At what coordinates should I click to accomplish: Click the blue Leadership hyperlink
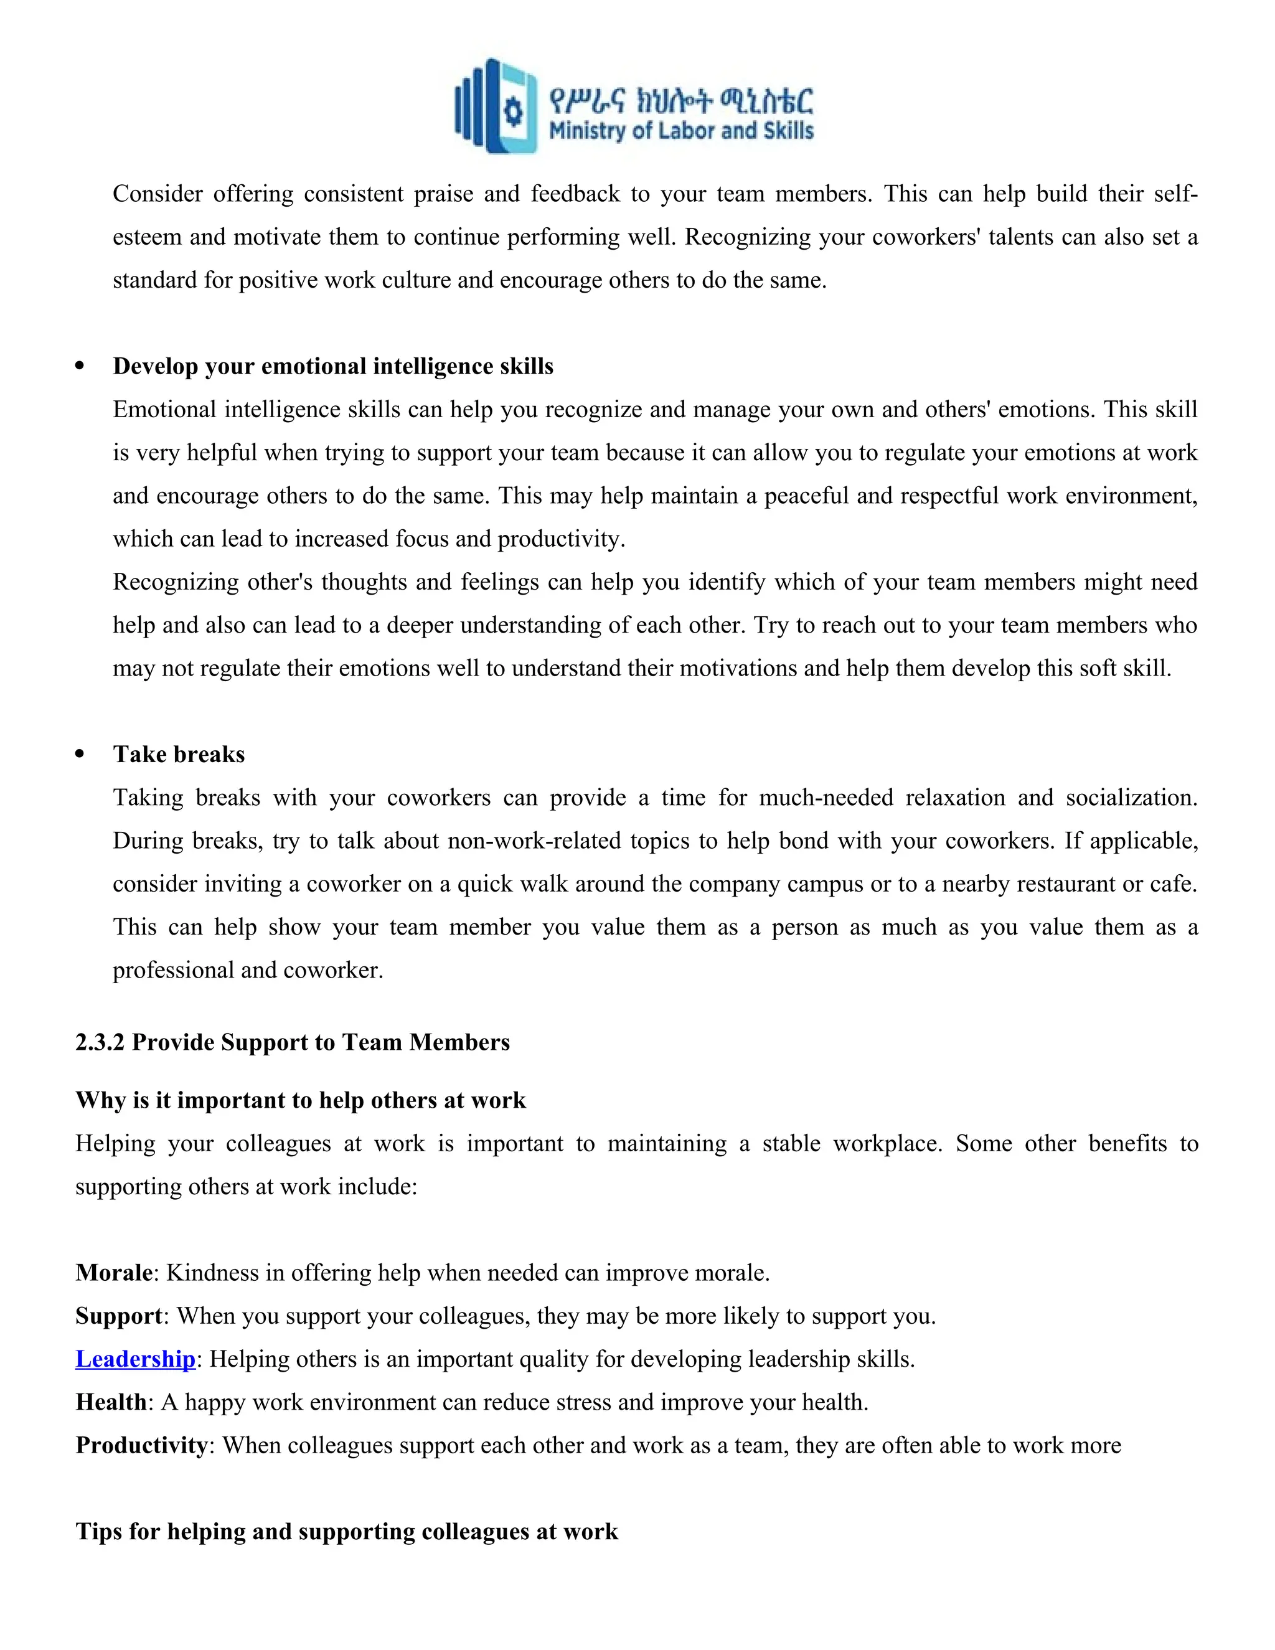[x=135, y=1359]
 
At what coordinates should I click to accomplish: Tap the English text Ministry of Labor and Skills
[x=680, y=131]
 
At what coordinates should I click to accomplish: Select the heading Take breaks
[x=179, y=754]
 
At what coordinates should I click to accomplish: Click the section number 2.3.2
[x=100, y=1042]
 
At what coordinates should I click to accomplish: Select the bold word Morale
[x=114, y=1273]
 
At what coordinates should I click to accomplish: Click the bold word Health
[x=111, y=1402]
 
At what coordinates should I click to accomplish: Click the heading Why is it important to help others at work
[x=301, y=1100]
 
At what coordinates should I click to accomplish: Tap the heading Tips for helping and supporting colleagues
[x=347, y=1532]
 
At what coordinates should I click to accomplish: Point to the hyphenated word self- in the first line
[x=1176, y=194]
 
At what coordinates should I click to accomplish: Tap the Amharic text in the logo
[x=681, y=100]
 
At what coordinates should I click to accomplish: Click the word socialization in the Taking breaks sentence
[x=1131, y=798]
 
